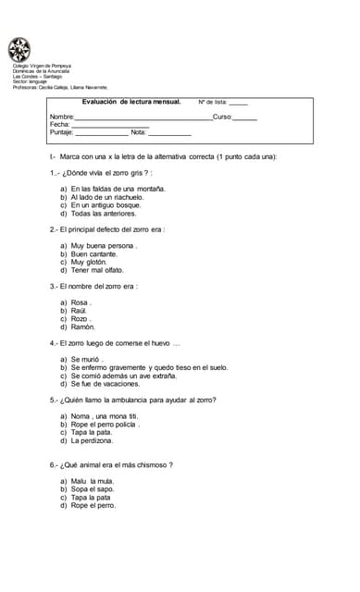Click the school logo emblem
pos(19,49)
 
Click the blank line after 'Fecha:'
pos(110,127)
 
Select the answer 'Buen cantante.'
pos(96,253)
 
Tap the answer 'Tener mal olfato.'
pos(97,270)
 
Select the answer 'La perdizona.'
pos(92,440)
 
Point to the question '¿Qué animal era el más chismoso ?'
pos(117,464)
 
